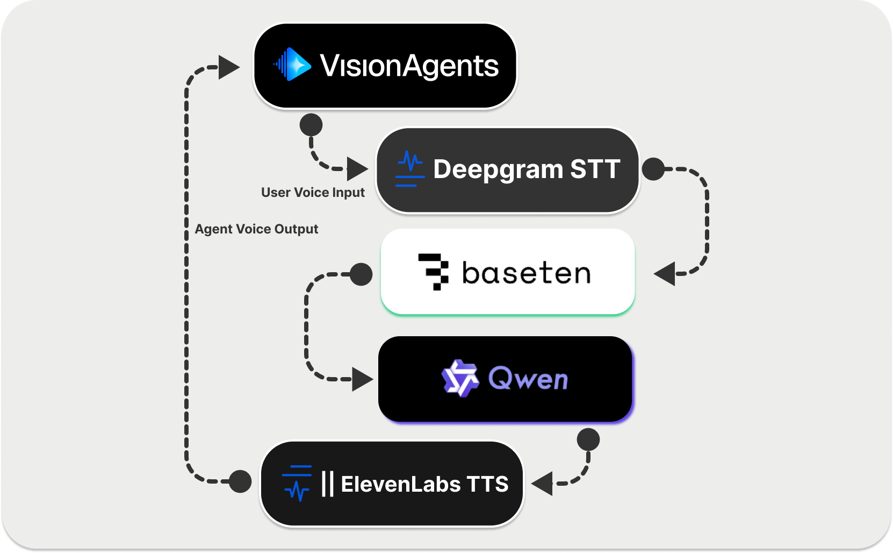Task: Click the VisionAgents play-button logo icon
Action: (293, 65)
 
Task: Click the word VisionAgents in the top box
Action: (409, 66)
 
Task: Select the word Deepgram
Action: (498, 170)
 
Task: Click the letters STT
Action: (595, 169)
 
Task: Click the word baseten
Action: (526, 273)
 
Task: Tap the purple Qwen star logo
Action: (460, 378)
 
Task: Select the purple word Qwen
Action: (528, 379)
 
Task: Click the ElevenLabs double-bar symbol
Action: (327, 484)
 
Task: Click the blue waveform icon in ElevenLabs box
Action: (297, 483)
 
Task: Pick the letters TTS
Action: (487, 484)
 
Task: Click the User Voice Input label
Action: (313, 193)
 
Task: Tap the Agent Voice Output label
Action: (256, 229)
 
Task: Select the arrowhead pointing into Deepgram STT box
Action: (356, 169)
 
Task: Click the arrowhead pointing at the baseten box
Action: (665, 274)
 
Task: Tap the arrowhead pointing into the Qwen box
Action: (362, 379)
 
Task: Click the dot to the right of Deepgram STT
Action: (653, 169)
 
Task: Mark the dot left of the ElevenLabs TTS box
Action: (240, 481)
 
